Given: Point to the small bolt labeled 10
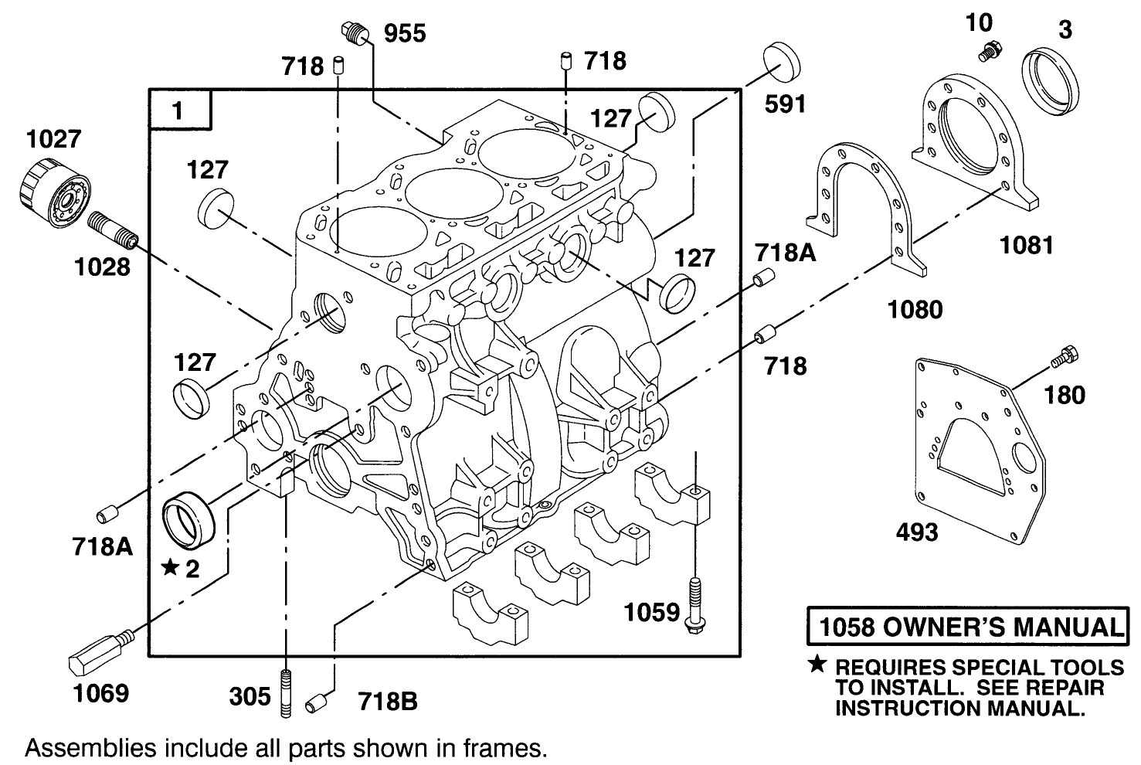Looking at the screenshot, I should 988,53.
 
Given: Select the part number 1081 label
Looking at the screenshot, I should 1026,245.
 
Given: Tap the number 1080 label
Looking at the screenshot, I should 915,309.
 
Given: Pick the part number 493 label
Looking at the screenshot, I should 917,532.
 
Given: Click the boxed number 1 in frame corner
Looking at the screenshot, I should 179,110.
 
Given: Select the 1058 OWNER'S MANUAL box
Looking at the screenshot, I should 966,627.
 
